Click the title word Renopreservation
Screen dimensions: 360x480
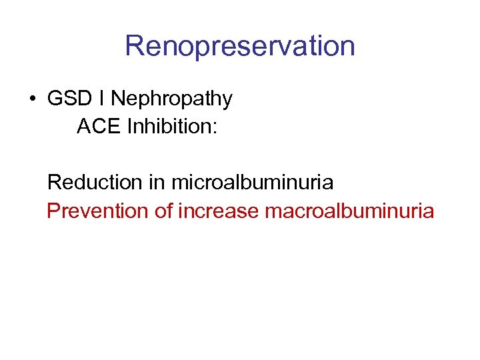[239, 47]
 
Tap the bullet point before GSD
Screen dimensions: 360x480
[32, 99]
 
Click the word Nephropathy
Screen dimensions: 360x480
[171, 100]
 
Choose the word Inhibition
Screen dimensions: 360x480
[169, 126]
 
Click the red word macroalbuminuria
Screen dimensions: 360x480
[349, 211]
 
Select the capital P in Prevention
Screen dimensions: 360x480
[53, 211]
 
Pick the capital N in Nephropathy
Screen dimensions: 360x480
[117, 99]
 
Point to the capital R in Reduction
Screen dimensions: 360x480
[54, 181]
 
